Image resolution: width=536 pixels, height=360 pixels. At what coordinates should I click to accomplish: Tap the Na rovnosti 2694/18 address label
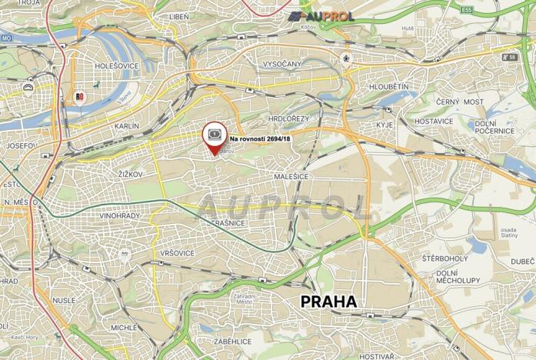click(260, 138)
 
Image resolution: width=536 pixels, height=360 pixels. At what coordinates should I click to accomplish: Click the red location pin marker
click(215, 137)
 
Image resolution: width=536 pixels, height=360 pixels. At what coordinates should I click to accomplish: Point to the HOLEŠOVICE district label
click(116, 66)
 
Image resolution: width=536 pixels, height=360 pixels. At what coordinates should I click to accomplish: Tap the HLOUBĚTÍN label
click(388, 87)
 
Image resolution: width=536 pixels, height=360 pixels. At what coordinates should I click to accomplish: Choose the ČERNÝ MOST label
click(460, 102)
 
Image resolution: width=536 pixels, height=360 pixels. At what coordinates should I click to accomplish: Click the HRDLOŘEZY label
click(288, 118)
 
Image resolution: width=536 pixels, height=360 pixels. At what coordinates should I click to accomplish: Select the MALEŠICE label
click(291, 176)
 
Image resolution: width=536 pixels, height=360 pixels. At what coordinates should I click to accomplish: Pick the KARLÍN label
click(126, 125)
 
